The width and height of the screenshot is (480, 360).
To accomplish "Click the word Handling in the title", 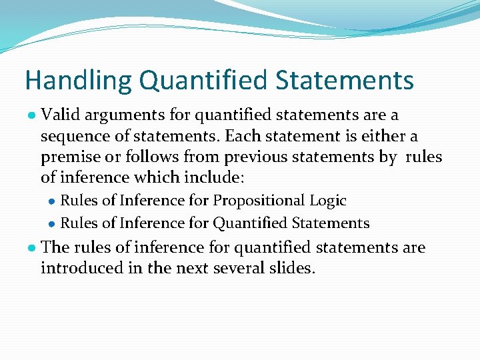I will (78, 81).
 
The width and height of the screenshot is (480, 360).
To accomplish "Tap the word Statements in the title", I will (345, 80).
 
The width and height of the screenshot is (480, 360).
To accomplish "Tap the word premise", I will (69, 157).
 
